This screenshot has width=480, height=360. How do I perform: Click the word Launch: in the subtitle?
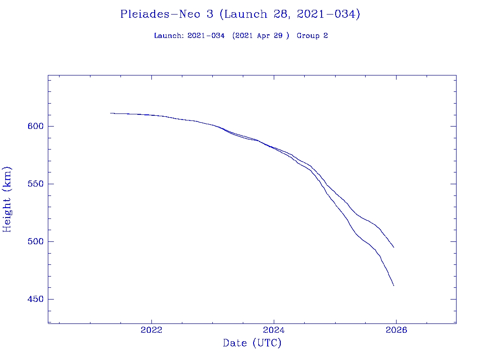(169, 36)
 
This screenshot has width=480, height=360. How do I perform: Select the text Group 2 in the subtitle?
(312, 36)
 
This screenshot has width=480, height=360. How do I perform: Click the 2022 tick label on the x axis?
(151, 330)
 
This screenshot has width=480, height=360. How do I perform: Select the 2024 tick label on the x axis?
(274, 330)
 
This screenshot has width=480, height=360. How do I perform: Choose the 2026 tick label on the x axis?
(396, 330)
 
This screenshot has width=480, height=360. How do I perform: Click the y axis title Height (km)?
(7, 199)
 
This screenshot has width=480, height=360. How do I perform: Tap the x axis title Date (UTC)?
(252, 343)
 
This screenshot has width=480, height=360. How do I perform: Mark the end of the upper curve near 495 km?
(394, 247)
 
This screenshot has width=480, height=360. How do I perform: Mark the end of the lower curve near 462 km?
(394, 285)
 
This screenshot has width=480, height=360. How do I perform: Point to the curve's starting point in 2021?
(111, 113)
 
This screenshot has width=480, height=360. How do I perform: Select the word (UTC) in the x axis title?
(267, 343)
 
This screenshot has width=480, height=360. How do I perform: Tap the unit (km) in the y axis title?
(7, 178)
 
